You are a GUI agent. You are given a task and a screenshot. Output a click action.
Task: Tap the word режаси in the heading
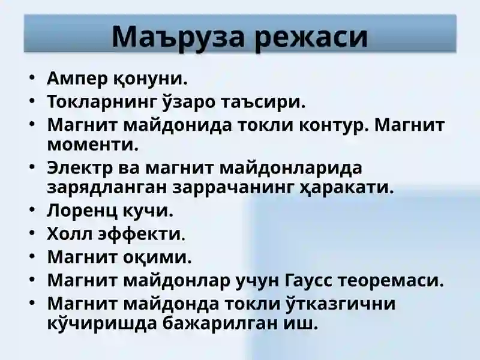pyautogui.click(x=312, y=37)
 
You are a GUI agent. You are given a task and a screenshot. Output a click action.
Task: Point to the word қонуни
pyautogui.click(x=150, y=78)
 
